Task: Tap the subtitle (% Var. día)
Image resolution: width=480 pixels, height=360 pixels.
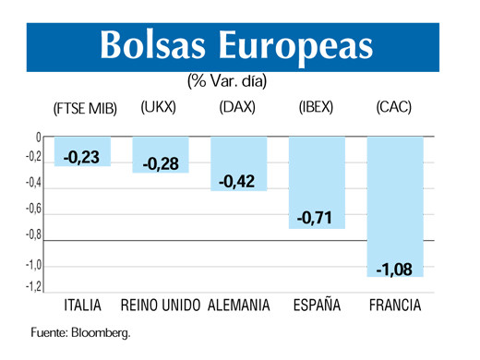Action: (227, 81)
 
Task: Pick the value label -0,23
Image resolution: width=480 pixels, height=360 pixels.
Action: (82, 158)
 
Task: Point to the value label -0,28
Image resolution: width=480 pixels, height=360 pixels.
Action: (161, 164)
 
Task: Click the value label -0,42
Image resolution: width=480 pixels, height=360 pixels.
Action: (238, 182)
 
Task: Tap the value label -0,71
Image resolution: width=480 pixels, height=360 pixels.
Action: (317, 219)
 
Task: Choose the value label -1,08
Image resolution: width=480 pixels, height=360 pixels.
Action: (395, 269)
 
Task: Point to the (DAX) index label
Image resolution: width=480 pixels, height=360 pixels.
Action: (237, 107)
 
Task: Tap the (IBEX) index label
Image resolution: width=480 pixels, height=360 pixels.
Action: (316, 107)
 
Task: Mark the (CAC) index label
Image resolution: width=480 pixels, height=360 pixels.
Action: (394, 107)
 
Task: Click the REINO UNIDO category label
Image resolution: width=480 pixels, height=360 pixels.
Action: (161, 305)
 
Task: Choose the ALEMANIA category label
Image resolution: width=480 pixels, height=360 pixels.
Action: (239, 305)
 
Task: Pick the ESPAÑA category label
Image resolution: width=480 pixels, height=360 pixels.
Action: (316, 305)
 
